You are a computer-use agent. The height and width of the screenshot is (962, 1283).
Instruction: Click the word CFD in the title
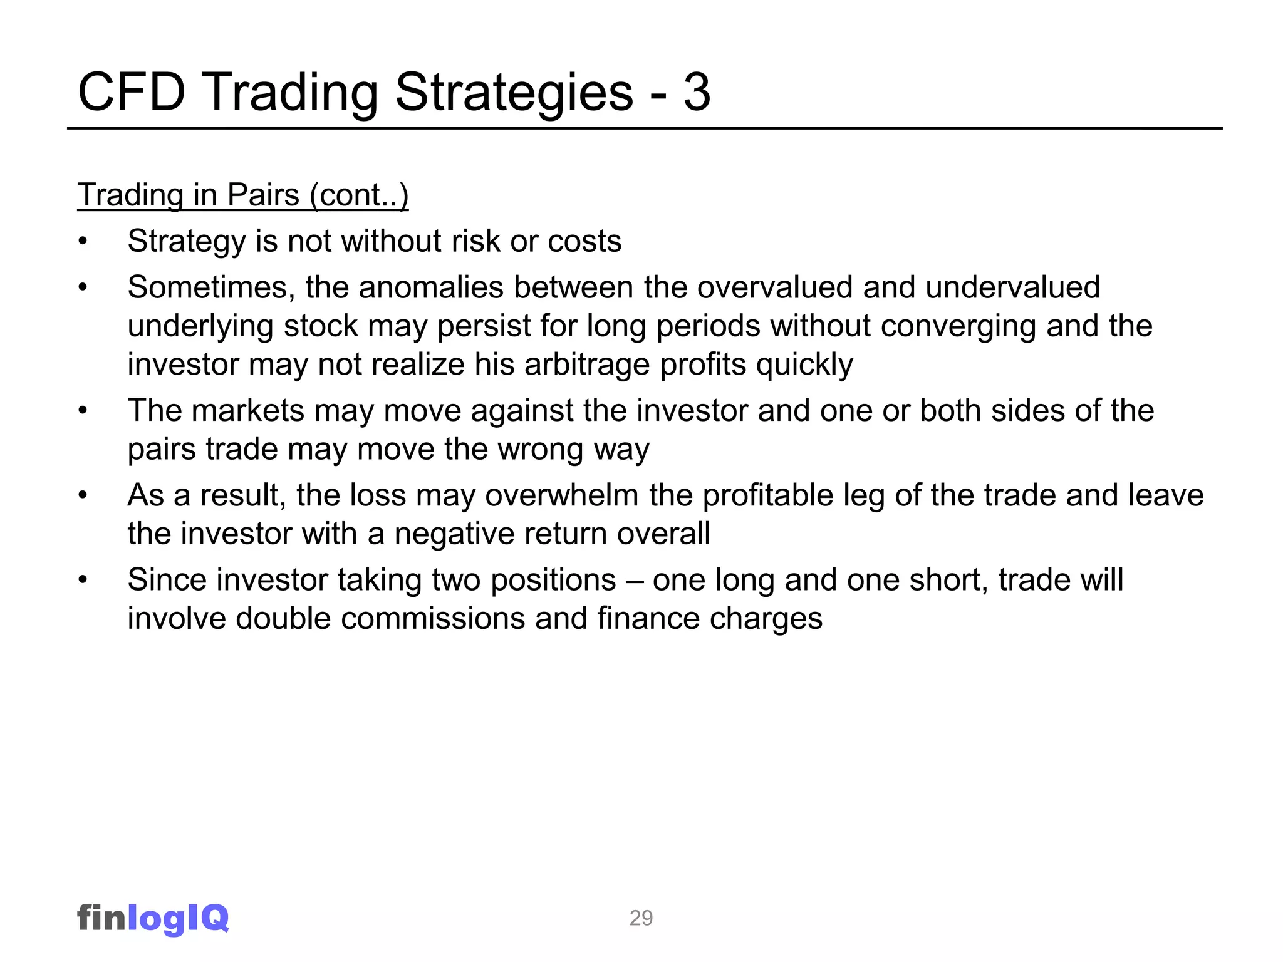coord(132,92)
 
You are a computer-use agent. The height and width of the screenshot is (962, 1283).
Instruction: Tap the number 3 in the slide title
coord(697,92)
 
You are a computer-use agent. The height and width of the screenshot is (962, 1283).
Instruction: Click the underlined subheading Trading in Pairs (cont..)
coord(243,195)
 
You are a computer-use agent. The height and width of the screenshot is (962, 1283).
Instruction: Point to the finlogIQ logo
coord(153,918)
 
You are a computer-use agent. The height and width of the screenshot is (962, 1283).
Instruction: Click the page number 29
coord(641,918)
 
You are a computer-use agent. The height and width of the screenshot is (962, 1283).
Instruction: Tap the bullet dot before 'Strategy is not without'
coord(83,242)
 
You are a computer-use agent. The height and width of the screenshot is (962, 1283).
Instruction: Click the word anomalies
coord(431,287)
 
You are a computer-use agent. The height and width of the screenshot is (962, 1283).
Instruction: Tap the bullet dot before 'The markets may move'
coord(83,411)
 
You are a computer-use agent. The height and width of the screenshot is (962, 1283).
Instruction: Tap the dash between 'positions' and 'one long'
coord(634,580)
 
